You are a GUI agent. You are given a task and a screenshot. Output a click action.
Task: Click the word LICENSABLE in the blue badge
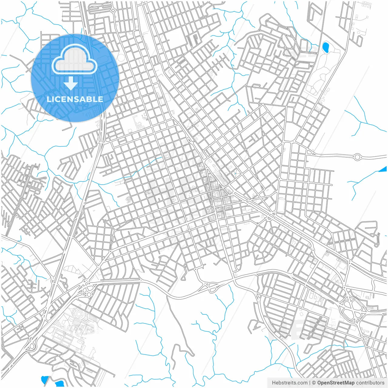click(75, 99)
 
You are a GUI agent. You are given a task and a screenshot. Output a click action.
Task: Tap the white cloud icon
click(74, 59)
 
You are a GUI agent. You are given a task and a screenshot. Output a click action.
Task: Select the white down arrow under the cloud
click(71, 83)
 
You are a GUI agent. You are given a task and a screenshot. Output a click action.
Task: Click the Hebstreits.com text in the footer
click(289, 383)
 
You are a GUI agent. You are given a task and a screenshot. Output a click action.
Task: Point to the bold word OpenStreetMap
click(336, 383)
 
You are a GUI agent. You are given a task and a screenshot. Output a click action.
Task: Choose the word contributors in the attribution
click(370, 383)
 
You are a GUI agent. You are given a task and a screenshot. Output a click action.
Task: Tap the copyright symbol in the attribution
click(314, 383)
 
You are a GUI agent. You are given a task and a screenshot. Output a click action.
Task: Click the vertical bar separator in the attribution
click(309, 383)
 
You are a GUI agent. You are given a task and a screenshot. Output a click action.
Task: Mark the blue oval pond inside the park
click(326, 47)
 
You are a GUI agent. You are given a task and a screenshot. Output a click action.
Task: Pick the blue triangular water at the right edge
click(384, 169)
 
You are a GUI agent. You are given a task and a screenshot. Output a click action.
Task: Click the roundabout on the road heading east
click(358, 157)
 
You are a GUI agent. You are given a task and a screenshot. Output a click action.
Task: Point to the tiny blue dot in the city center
click(235, 174)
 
